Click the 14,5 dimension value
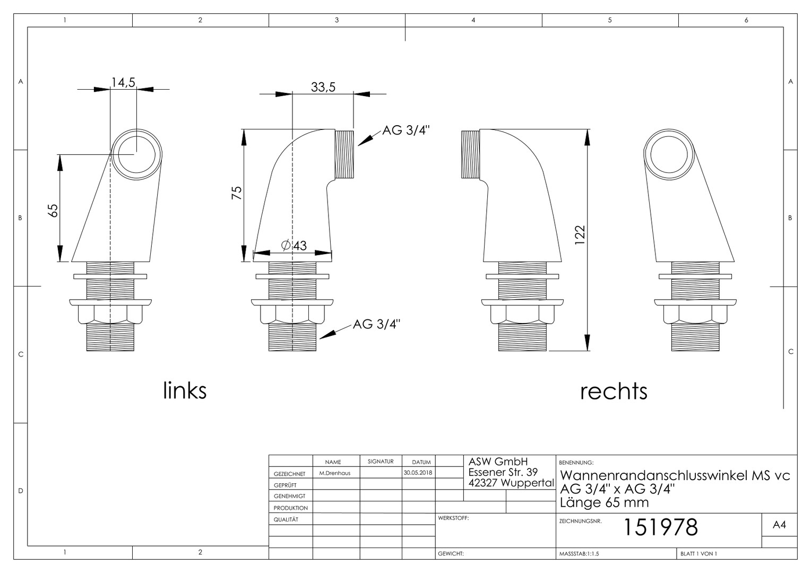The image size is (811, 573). click(x=123, y=83)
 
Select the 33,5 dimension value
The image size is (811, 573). click(x=323, y=87)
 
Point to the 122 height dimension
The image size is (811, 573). click(x=580, y=235)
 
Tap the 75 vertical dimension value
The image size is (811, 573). click(x=236, y=193)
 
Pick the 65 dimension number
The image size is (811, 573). click(x=53, y=211)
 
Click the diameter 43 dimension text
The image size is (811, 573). click(x=294, y=246)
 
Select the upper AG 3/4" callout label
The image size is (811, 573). click(x=406, y=131)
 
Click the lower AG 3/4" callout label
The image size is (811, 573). click(x=376, y=324)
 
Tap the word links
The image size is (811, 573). click(x=185, y=390)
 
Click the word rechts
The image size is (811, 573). click(x=614, y=392)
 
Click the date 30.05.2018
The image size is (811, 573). click(x=418, y=473)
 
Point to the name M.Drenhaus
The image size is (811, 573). click(x=335, y=473)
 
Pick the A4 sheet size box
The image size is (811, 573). click(x=779, y=525)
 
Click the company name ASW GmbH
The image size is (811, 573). click(x=498, y=462)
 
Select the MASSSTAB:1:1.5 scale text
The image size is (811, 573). click(x=579, y=554)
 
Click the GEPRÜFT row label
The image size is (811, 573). click(x=285, y=485)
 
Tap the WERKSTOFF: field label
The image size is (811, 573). click(x=453, y=518)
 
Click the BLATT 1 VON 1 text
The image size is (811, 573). click(x=699, y=554)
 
